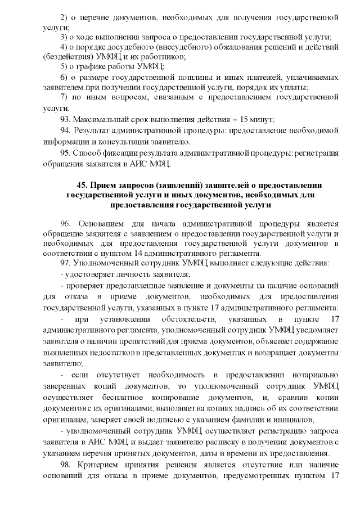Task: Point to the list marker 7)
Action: click(64, 98)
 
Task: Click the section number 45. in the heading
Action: click(84, 185)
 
